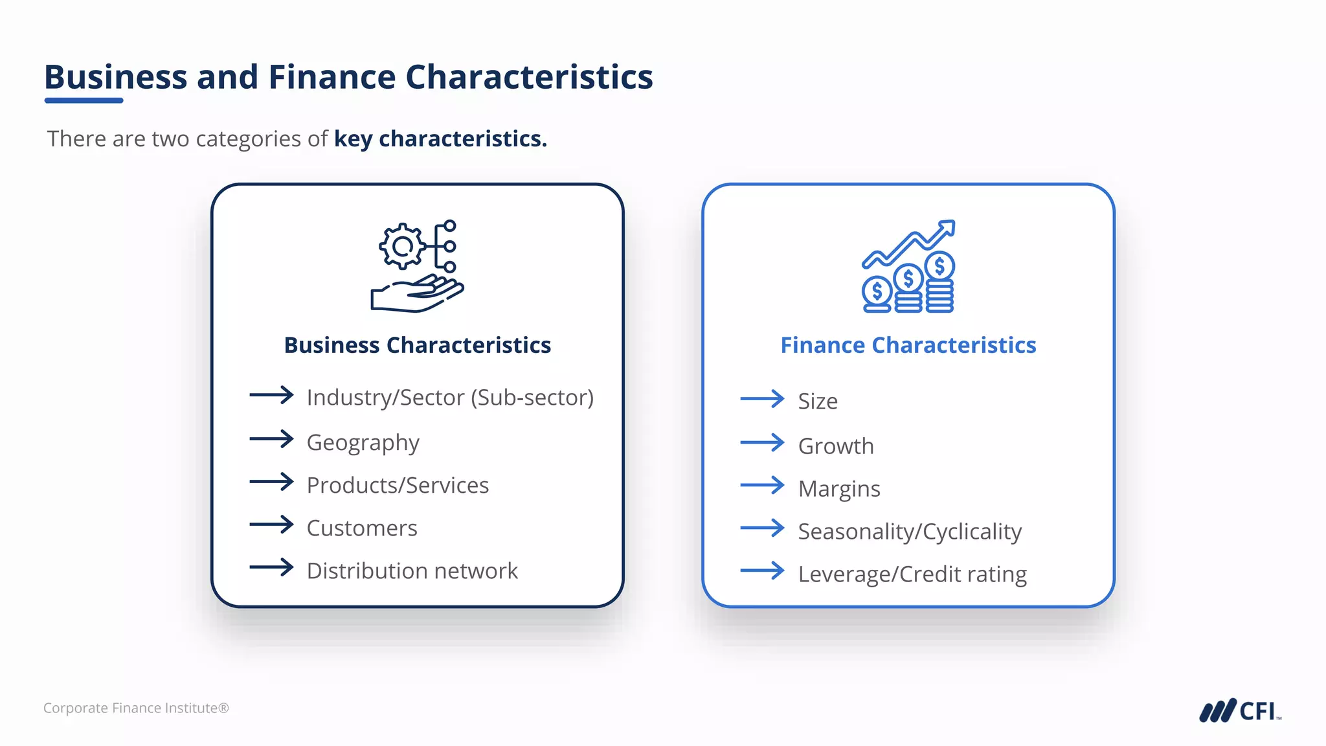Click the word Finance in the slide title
pos(331,77)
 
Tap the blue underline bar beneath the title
pos(84,100)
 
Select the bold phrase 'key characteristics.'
pos(440,139)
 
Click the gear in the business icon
pos(402,246)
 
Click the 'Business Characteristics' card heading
pos(418,345)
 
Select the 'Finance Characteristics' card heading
pos(908,345)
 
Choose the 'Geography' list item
pos(363,442)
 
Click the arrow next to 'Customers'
pos(271,525)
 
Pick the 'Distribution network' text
pos(412,571)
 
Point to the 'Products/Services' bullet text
pos(398,485)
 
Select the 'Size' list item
pos(818,401)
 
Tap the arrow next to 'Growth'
pos(762,443)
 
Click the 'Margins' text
pos(839,489)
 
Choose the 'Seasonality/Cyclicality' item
pos(910,532)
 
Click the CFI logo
pos(1239,711)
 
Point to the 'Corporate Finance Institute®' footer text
pos(136,708)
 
